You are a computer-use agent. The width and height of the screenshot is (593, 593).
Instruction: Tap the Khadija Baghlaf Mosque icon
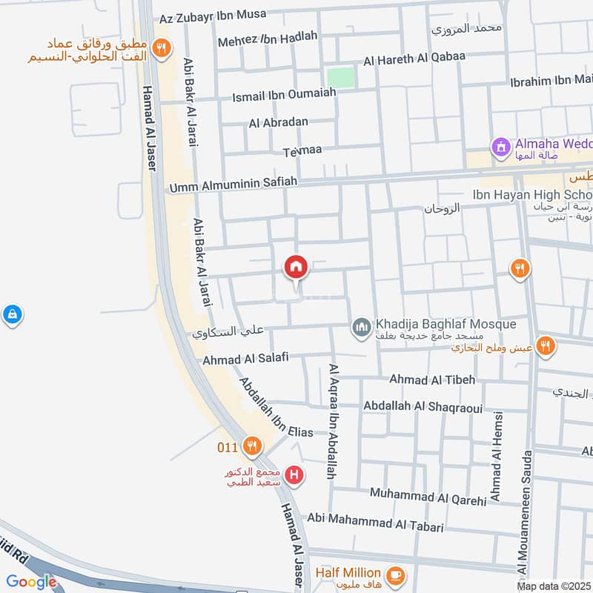pyautogui.click(x=362, y=327)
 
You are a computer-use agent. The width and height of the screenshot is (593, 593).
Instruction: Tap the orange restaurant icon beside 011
pyautogui.click(x=253, y=446)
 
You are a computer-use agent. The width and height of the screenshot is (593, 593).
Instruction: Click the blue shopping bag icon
pyautogui.click(x=11, y=316)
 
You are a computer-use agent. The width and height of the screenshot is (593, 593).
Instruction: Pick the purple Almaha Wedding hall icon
pyautogui.click(x=502, y=148)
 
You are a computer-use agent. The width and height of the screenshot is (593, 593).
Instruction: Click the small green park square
pyautogui.click(x=340, y=77)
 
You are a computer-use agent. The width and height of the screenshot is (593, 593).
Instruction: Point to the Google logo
pyautogui.click(x=32, y=582)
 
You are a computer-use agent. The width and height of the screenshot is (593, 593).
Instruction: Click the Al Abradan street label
pyautogui.click(x=278, y=123)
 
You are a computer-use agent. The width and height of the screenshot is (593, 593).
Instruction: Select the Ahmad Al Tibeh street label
pyautogui.click(x=432, y=380)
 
